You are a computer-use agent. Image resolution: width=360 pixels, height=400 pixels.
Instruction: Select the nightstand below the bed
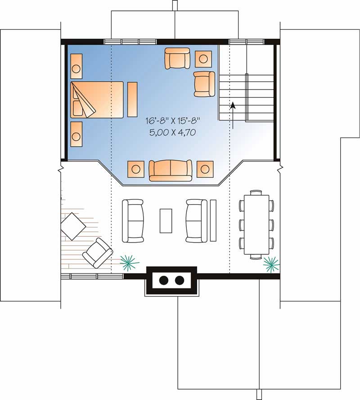pos(76,134)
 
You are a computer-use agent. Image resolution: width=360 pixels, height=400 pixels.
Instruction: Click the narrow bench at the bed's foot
pos(132,99)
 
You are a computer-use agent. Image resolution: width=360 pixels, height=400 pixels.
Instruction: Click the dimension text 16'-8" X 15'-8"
pos(172,121)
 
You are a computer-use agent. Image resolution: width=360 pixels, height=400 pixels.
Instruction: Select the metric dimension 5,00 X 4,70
pos(172,133)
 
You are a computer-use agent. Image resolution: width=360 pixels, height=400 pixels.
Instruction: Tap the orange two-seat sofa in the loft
pos(170,170)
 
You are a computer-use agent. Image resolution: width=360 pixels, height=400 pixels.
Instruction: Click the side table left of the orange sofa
pos(136,169)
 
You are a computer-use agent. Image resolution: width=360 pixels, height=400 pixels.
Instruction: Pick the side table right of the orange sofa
pos(205,169)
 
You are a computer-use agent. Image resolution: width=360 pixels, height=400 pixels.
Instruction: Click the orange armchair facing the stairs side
pos(204,84)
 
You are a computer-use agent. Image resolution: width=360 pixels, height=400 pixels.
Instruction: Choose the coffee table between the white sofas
pos(166,220)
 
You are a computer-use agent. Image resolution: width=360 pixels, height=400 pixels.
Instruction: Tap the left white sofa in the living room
pos(133,220)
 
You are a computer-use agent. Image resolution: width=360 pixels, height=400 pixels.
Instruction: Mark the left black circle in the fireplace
pos(164,280)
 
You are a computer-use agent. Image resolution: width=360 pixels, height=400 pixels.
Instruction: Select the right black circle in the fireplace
pos(180,280)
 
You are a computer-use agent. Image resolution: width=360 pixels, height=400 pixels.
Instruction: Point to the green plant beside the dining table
pos(271,264)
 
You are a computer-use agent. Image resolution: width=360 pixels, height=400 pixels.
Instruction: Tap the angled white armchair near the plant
pos(97,253)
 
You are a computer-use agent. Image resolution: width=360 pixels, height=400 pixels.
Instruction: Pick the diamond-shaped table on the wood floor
pos(73,226)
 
